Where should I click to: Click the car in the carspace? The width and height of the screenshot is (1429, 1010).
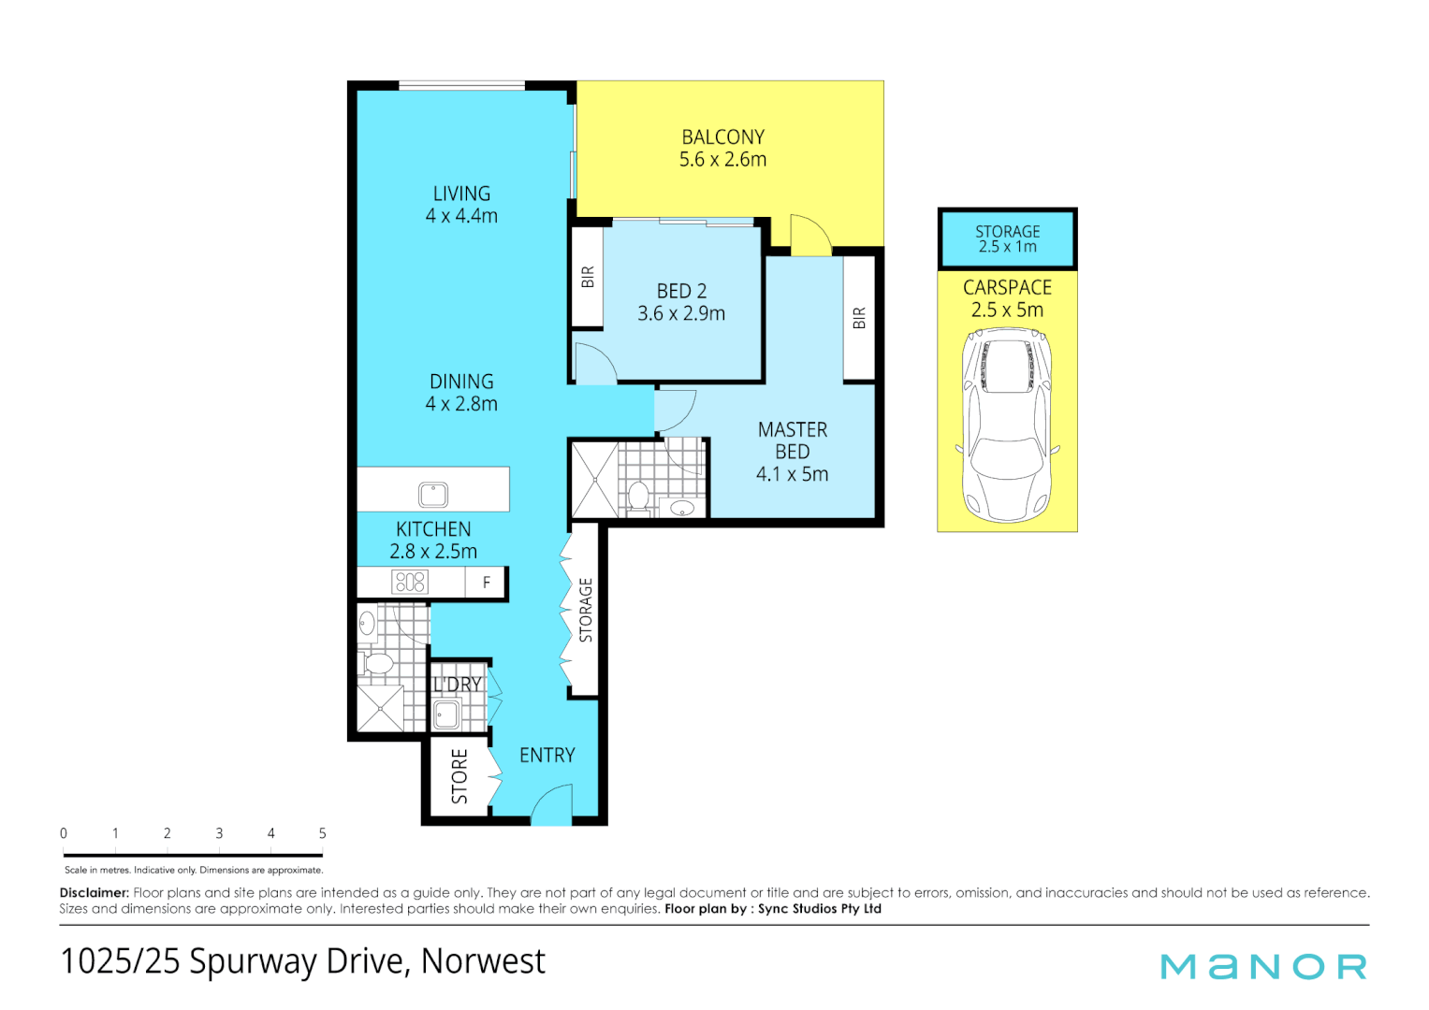(x=1007, y=426)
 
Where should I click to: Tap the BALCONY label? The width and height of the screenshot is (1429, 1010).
(x=722, y=137)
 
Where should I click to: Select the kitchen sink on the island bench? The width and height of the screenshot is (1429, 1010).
(x=433, y=494)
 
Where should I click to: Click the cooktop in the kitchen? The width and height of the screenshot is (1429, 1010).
(x=410, y=582)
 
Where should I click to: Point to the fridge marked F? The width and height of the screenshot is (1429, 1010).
(x=486, y=582)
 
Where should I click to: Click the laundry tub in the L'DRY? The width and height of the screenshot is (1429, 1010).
(x=446, y=714)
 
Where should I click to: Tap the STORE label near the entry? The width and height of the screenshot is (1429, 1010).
(x=459, y=776)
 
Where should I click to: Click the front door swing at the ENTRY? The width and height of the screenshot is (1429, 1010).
(x=552, y=804)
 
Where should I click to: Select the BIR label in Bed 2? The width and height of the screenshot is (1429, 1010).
(x=588, y=277)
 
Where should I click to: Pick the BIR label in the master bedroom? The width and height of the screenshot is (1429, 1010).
(x=859, y=318)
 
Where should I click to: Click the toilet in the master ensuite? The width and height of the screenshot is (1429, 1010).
(x=638, y=498)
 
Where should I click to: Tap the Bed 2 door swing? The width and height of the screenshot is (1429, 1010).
(x=596, y=364)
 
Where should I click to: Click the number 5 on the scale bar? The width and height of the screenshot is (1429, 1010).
(x=323, y=833)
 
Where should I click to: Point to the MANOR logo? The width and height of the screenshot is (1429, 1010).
(x=1263, y=967)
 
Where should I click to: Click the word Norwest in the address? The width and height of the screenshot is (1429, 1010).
(x=483, y=961)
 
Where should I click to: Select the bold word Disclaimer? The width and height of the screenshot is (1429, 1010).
(x=95, y=893)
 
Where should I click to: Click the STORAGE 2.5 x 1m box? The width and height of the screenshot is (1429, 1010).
(x=1007, y=238)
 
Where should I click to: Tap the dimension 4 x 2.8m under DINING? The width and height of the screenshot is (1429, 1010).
(x=461, y=404)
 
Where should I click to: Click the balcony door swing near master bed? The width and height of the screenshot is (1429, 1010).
(x=810, y=236)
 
